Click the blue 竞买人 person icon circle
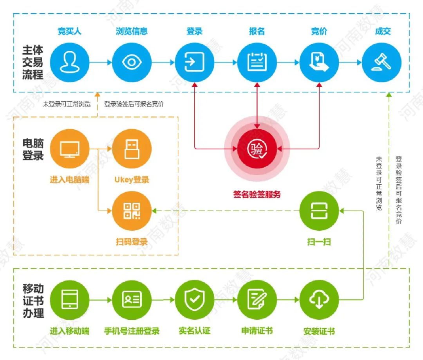point(70,62)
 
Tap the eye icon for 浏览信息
point(132,62)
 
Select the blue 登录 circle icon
point(194,62)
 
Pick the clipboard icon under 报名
point(257,62)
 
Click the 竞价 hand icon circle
point(319,62)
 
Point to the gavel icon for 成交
point(382,62)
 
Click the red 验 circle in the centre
point(257,149)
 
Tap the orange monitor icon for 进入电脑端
point(70,149)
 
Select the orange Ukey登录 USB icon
point(132,149)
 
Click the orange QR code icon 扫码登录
point(132,211)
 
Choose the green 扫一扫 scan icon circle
point(319,211)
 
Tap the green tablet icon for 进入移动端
point(70,300)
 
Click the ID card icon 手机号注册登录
point(132,300)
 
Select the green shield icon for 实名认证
point(194,300)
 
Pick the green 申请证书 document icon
point(257,300)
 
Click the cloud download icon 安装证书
point(319,300)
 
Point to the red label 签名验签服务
point(257,194)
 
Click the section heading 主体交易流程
point(33,63)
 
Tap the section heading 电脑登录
point(33,149)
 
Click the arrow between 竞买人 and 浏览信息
point(101,62)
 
